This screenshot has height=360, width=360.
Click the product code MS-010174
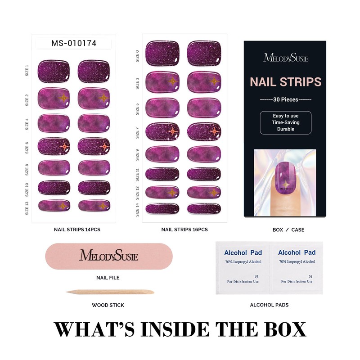[74, 43]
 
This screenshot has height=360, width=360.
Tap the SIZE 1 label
[27, 71]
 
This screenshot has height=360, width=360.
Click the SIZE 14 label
[138, 208]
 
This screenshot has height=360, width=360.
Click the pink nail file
[108, 256]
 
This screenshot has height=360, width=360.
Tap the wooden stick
[110, 292]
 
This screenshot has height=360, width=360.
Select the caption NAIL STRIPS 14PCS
[77, 229]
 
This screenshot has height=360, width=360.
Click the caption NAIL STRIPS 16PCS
[184, 229]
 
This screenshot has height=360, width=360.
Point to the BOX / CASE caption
[288, 229]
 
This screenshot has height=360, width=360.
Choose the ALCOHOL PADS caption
[269, 305]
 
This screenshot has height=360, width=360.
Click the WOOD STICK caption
[108, 305]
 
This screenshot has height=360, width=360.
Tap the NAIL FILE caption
[108, 278]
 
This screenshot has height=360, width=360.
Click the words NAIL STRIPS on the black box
[286, 82]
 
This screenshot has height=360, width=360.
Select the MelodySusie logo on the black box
[286, 58]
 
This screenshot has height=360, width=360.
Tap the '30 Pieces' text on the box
[286, 99]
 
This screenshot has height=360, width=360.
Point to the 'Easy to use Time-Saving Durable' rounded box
[286, 122]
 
